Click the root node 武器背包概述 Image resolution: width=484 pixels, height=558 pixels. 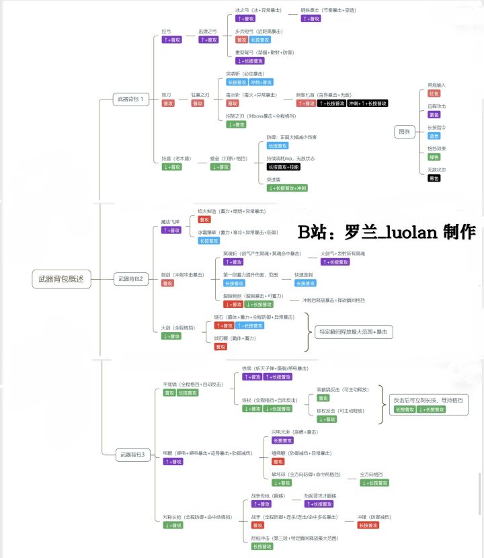(61, 278)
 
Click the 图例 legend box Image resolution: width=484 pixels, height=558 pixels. (405, 132)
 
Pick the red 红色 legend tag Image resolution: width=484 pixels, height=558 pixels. (434, 93)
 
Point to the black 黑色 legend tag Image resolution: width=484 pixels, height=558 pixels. (434, 178)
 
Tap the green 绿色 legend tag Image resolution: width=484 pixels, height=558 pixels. (434, 157)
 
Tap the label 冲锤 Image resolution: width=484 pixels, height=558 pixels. (374, 516)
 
